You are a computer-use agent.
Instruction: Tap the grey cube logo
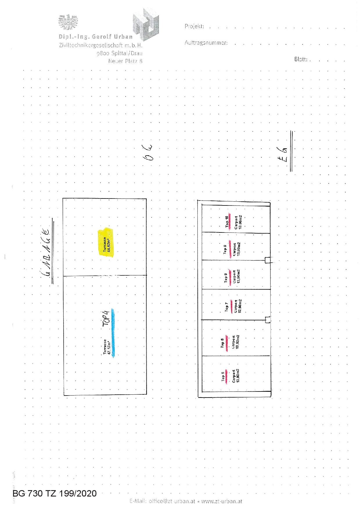146,25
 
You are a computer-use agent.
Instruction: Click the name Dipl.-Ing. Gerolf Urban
96,37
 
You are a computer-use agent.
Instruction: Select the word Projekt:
194,26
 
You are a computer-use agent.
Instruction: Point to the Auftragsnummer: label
206,43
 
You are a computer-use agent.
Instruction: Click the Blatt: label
301,59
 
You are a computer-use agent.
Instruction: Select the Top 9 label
225,249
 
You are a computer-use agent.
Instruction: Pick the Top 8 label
226,278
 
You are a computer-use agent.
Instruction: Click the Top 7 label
227,306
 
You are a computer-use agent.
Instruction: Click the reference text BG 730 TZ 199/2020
55,493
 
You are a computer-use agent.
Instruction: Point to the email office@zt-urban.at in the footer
163,501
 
